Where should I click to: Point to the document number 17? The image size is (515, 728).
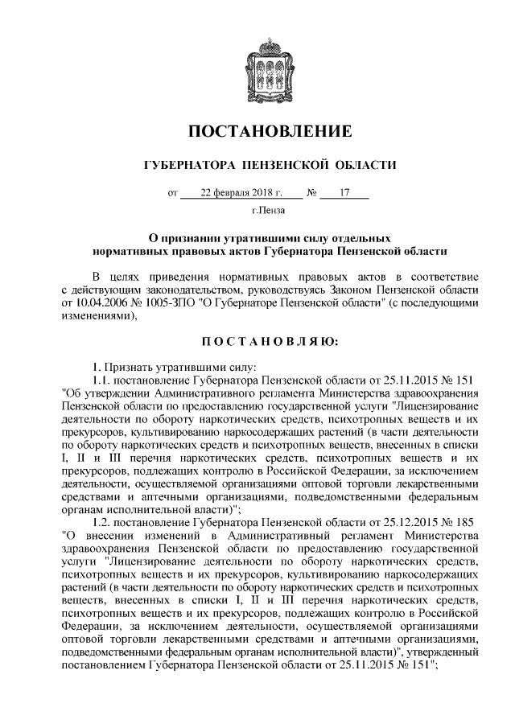(x=344, y=193)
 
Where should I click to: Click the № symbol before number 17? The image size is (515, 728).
(x=311, y=193)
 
